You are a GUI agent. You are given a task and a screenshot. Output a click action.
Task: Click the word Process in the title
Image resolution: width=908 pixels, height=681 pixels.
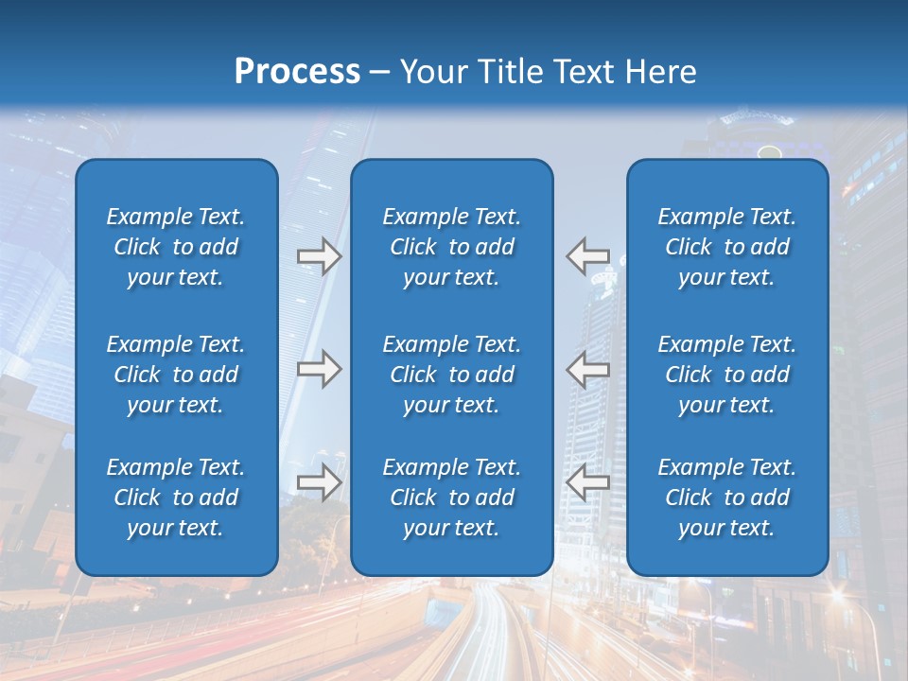(297, 72)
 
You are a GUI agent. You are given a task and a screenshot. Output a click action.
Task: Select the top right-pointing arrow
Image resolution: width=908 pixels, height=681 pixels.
(319, 256)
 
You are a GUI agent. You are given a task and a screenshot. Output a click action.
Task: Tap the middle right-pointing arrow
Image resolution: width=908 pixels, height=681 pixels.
(319, 369)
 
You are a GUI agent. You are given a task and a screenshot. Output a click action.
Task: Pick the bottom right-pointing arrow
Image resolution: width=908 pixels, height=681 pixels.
(319, 482)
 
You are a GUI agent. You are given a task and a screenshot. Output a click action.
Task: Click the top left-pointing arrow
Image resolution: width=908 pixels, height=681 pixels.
(587, 256)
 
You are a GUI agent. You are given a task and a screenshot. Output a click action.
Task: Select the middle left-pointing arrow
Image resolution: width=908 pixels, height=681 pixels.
(587, 369)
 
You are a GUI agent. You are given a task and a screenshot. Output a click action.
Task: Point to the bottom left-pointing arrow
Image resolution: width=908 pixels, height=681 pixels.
(587, 482)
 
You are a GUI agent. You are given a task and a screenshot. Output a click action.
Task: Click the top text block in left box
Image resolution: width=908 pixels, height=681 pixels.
(176, 247)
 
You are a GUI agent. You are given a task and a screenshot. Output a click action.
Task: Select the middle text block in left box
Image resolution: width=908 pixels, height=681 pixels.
(176, 375)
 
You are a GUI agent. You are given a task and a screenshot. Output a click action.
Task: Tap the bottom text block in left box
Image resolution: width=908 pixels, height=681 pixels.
(176, 498)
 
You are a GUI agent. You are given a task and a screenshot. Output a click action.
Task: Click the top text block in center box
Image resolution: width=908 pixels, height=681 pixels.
(452, 247)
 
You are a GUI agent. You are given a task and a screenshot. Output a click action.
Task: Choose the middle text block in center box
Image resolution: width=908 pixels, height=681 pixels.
(452, 375)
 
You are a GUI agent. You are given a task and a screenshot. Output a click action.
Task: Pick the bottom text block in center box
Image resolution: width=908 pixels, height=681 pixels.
(452, 498)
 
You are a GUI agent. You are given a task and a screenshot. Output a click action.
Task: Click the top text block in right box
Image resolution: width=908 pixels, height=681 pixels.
(727, 247)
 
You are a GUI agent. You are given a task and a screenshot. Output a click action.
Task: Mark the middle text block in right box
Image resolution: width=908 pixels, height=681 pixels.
(727, 375)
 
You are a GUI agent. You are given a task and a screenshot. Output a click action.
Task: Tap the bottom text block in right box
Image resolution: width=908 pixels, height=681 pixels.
(727, 498)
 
